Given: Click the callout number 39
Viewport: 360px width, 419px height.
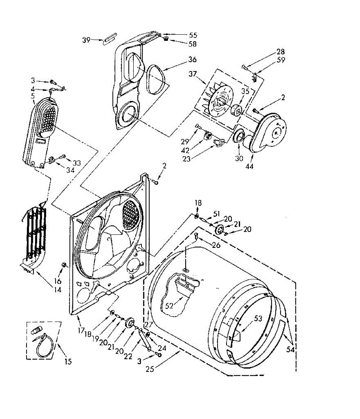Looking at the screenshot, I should (x=86, y=40).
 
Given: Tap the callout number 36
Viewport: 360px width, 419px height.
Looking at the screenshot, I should (x=192, y=59).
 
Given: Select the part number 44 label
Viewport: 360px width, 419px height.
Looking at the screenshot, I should (x=249, y=166).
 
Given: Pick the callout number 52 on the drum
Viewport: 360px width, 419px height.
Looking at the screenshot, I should (x=169, y=306).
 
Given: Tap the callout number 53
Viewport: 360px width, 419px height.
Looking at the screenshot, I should (x=258, y=318).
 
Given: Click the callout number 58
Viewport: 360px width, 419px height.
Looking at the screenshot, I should (x=192, y=44).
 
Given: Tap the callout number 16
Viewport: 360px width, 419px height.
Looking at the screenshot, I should (x=58, y=281).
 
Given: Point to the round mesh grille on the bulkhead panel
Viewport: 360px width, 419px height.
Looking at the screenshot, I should (x=132, y=213).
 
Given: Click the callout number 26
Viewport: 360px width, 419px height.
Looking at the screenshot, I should (x=216, y=245).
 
